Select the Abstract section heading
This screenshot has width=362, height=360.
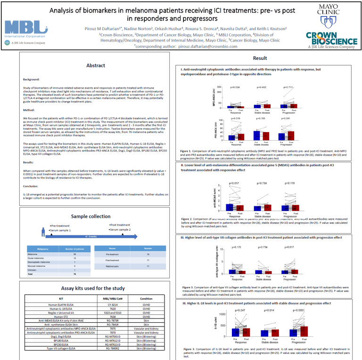[x=96, y=66]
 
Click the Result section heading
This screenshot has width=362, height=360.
[x=259, y=58]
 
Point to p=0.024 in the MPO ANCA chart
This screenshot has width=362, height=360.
[x=235, y=87]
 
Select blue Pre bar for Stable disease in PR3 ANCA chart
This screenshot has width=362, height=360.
[x=257, y=135]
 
